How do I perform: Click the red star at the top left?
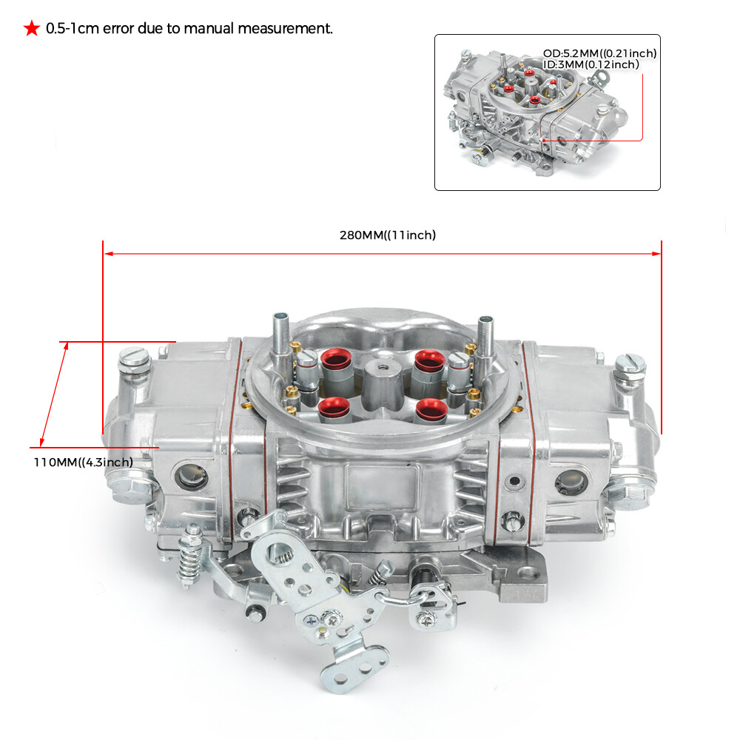31,29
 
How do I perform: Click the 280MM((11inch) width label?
388,235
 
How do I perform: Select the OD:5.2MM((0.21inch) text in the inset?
599,53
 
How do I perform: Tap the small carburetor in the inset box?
533,111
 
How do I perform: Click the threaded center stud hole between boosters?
380,366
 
